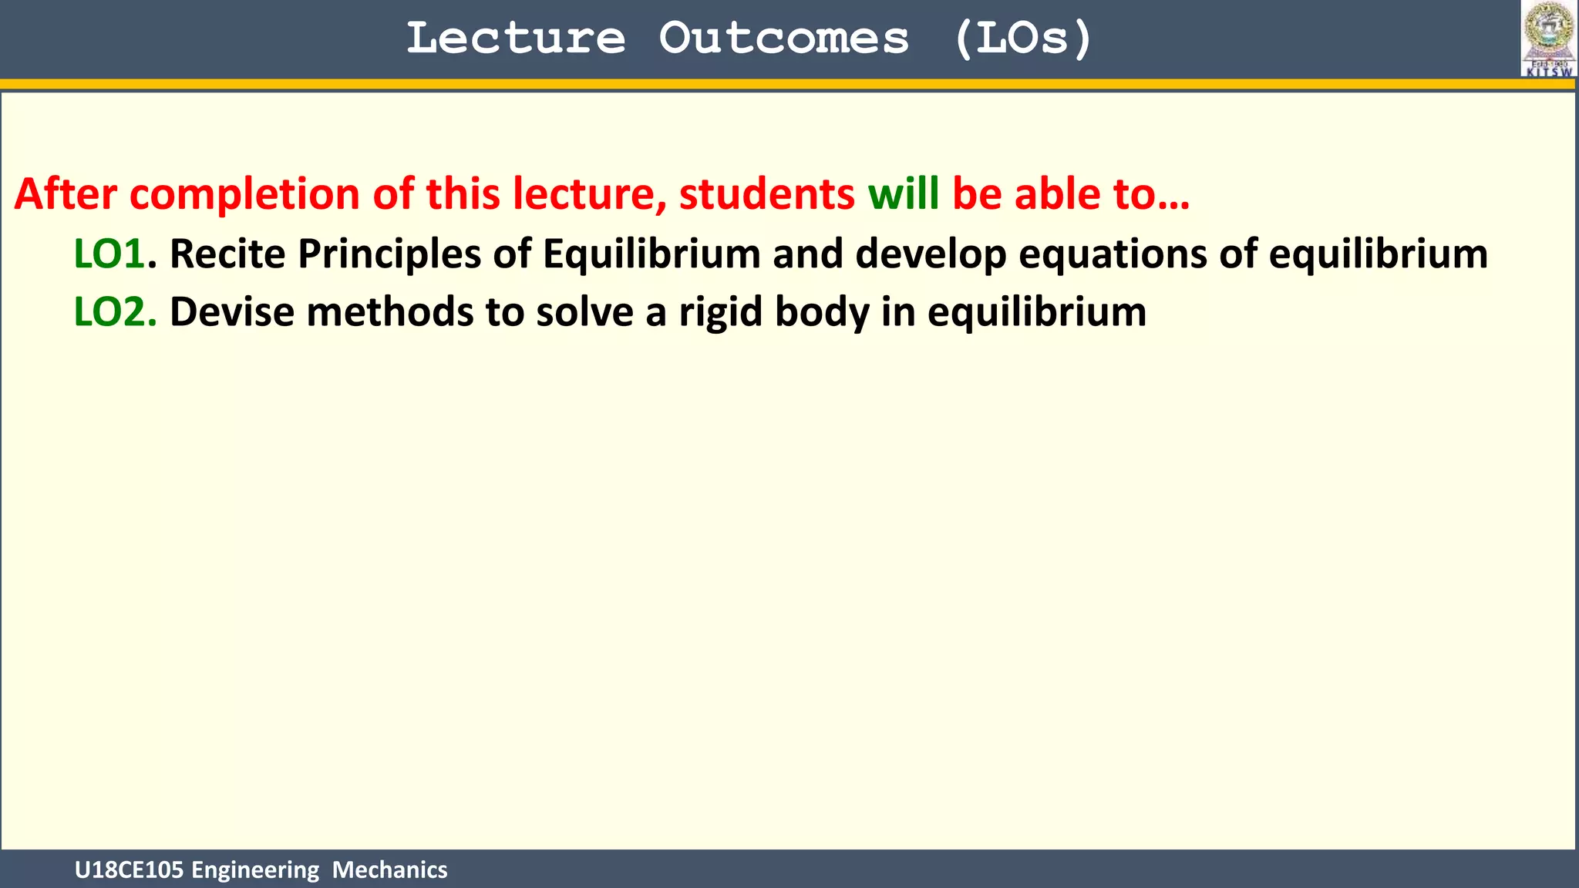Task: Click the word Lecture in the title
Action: pos(515,39)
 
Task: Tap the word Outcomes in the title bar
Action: pos(783,39)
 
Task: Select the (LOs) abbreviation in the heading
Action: pos(1022,39)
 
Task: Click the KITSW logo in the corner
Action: pos(1548,39)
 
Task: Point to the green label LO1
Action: pos(109,254)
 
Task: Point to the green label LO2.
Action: pos(114,312)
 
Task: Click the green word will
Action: pos(903,193)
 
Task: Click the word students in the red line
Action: pos(766,193)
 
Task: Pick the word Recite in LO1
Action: pos(227,254)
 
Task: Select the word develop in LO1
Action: pos(931,255)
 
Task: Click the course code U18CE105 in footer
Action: pos(129,870)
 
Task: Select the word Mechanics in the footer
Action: pos(389,870)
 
